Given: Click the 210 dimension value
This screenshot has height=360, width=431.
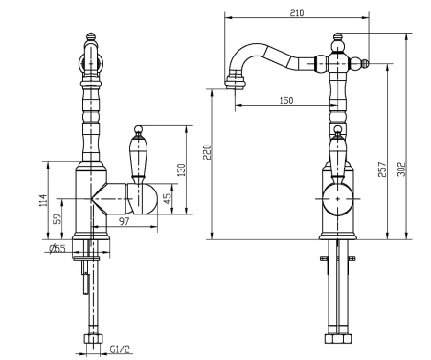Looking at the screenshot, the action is click(297, 12).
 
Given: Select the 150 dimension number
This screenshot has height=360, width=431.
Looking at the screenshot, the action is click(286, 101).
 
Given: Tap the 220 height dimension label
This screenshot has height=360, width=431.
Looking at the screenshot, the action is click(207, 152).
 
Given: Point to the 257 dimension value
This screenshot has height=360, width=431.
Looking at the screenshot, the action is click(382, 169).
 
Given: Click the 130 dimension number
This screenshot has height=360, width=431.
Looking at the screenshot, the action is click(181, 169).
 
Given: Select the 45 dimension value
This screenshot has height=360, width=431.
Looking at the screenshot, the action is click(167, 199).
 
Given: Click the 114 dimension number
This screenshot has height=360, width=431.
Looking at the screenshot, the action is click(43, 200).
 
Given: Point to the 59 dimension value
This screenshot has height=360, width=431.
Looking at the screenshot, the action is click(57, 219).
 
